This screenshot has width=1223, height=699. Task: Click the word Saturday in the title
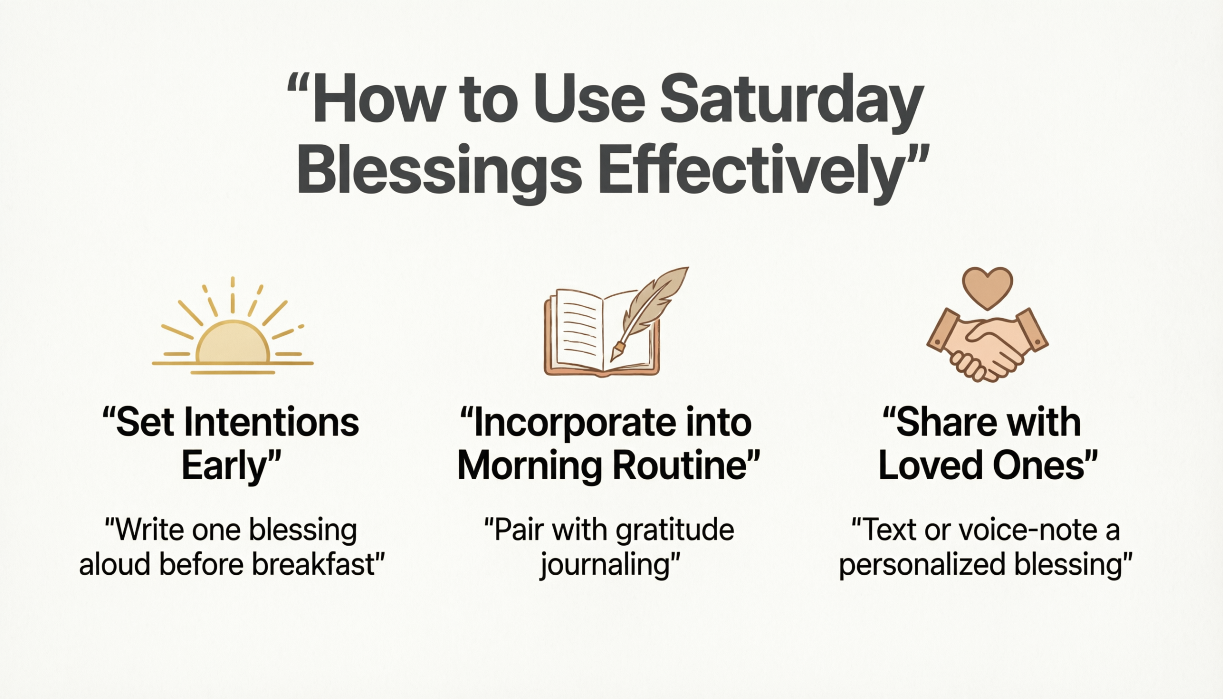pyautogui.click(x=792, y=105)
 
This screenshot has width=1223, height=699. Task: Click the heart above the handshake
pyautogui.click(x=987, y=288)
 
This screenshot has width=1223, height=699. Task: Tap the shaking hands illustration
pyautogui.click(x=987, y=345)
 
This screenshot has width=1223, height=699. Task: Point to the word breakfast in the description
pyautogui.click(x=314, y=564)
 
